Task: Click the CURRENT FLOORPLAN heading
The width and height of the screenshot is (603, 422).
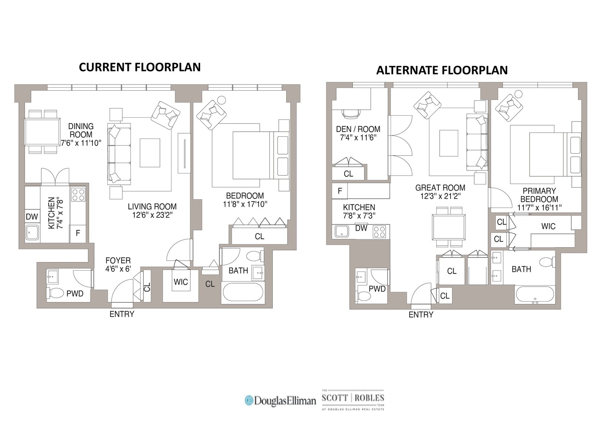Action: (x=140, y=68)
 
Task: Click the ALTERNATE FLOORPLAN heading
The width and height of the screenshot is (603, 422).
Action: (x=442, y=70)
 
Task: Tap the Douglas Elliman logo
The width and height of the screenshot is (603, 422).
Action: (x=280, y=400)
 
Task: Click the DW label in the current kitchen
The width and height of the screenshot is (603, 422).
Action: (x=32, y=217)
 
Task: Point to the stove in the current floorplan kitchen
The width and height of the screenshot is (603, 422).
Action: (x=78, y=195)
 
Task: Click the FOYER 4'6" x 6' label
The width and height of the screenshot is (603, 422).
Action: (x=118, y=265)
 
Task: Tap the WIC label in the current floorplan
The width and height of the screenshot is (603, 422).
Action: (x=181, y=282)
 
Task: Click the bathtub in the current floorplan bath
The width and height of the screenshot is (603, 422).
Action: (x=243, y=293)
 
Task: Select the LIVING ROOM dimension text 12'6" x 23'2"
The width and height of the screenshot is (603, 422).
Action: (x=152, y=215)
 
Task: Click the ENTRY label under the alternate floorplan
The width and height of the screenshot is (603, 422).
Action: (x=421, y=314)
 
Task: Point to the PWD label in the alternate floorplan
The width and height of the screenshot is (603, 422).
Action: (x=377, y=289)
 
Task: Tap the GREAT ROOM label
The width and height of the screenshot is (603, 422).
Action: (x=440, y=188)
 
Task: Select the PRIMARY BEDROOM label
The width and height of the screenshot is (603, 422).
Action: (x=539, y=195)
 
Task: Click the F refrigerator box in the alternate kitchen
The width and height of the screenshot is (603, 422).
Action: (x=340, y=191)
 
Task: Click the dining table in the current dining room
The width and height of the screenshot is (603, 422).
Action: (x=42, y=132)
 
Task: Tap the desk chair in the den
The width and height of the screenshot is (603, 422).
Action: (x=351, y=113)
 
